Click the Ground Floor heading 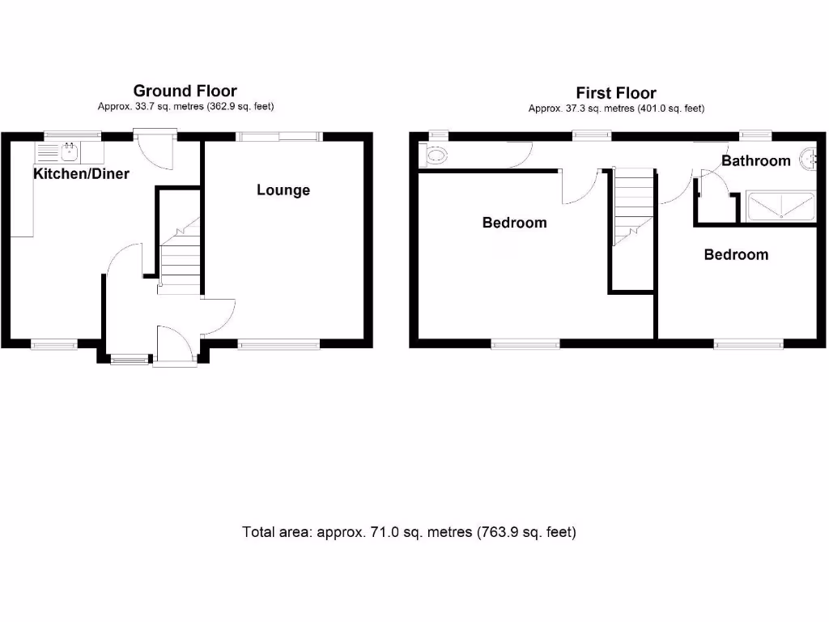pyautogui.click(x=185, y=91)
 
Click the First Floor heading pyautogui.click(x=615, y=92)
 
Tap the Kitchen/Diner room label pyautogui.click(x=81, y=173)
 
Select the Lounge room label pyautogui.click(x=283, y=190)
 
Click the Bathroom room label pyautogui.click(x=755, y=160)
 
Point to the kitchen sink pyautogui.click(x=69, y=150)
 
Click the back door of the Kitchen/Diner pyautogui.click(x=155, y=150)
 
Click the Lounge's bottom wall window pyautogui.click(x=278, y=345)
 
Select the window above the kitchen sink pyautogui.click(x=67, y=135)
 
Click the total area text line pyautogui.click(x=409, y=532)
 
